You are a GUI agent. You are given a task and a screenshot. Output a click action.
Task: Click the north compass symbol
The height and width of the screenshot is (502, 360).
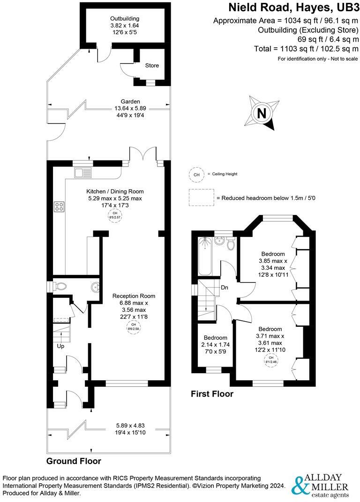[x=262, y=113]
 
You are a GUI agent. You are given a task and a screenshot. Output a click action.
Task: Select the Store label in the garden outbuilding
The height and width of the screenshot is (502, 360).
[x=152, y=66]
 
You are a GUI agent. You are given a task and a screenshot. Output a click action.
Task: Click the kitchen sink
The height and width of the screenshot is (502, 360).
[x=83, y=172]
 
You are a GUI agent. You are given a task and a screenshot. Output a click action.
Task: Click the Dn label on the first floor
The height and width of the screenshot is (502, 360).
[x=225, y=288]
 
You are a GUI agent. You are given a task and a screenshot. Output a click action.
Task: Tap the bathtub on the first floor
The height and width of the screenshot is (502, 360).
[x=205, y=257]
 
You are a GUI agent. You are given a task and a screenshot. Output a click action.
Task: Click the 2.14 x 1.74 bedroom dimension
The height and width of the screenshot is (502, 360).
[x=215, y=345]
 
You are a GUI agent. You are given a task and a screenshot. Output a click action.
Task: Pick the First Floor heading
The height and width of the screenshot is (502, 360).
[x=212, y=394]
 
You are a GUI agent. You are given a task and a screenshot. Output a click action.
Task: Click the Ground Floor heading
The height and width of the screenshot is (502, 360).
[x=74, y=461]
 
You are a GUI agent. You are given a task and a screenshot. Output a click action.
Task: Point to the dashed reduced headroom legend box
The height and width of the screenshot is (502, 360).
[x=201, y=198]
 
